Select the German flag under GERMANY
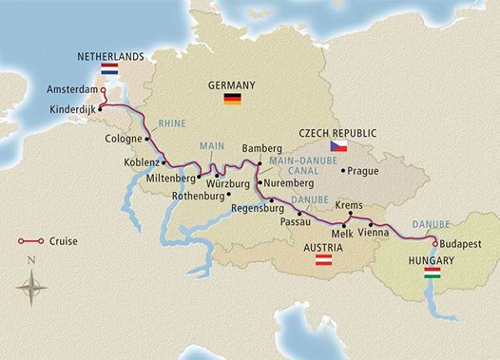231,99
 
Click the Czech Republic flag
336,146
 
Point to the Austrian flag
323,259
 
